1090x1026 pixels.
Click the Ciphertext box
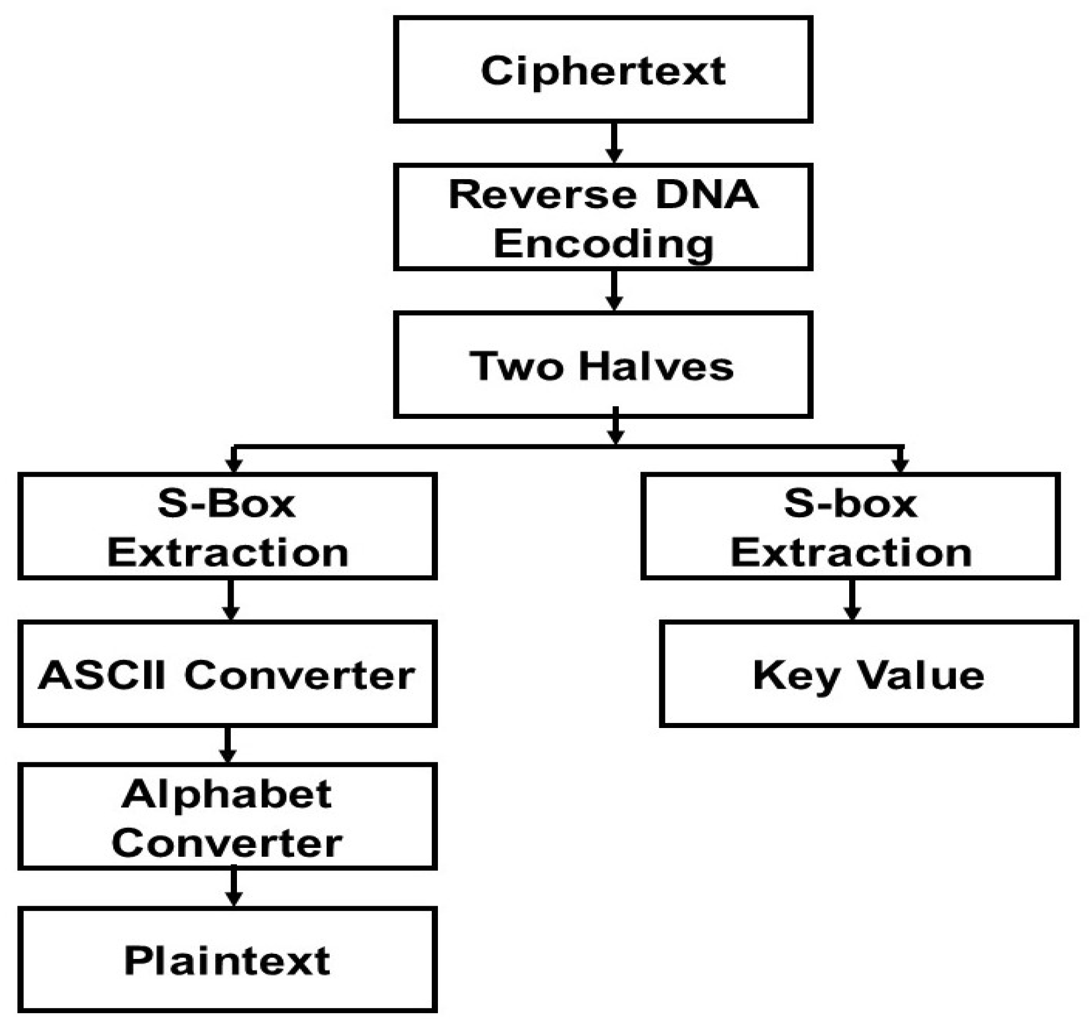click(603, 70)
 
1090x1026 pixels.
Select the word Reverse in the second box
click(542, 195)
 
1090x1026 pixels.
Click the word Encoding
click(603, 244)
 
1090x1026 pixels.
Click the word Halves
click(655, 367)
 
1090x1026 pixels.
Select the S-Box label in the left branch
click(226, 504)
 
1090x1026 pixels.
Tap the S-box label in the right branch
click(850, 504)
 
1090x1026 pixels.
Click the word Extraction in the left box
click(228, 553)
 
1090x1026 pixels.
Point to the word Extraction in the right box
click(850, 553)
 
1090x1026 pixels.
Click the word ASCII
click(102, 675)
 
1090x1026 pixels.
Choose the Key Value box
click(868, 675)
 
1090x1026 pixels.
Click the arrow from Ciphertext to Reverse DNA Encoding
click(613, 143)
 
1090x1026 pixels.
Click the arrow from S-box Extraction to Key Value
click(852, 600)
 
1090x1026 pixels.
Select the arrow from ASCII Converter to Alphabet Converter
click(228, 745)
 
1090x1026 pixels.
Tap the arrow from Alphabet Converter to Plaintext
click(234, 887)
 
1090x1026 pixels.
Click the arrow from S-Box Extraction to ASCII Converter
click(230, 600)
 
